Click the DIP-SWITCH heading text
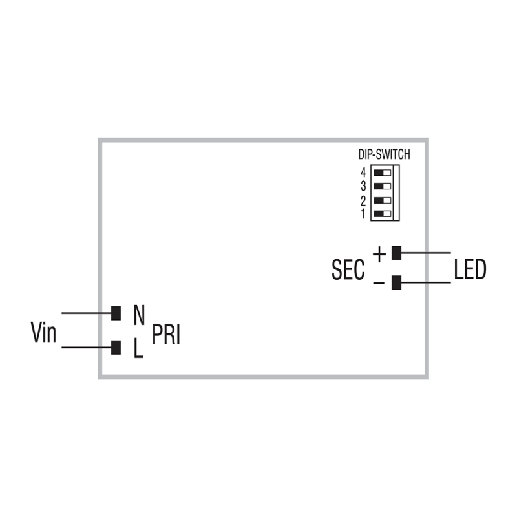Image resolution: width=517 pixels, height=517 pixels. click(384, 154)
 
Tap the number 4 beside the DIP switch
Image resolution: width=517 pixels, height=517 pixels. click(364, 173)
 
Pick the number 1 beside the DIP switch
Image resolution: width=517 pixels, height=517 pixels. click(364, 213)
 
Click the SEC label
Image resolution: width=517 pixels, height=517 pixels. click(348, 269)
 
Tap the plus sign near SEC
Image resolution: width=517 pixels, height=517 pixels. click(379, 253)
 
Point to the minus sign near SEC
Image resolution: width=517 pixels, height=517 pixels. click(379, 282)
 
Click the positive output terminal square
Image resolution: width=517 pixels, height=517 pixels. click(397, 253)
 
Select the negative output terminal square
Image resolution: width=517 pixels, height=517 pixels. click(397, 282)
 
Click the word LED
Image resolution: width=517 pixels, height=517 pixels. click(469, 269)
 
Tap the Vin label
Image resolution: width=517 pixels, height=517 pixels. click(44, 333)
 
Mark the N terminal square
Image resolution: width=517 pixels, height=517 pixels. click(116, 313)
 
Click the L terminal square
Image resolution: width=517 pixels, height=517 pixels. click(116, 348)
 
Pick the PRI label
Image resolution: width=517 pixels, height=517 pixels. click(166, 335)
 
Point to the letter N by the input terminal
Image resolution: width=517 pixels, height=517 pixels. click(138, 315)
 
